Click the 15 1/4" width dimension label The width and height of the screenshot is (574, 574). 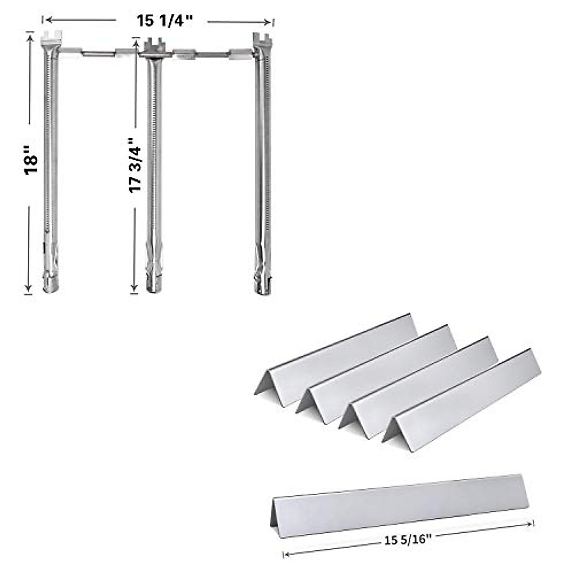pyautogui.click(x=165, y=21)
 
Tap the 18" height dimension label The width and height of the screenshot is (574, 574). pyautogui.click(x=32, y=164)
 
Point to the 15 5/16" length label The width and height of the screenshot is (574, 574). pyautogui.click(x=408, y=541)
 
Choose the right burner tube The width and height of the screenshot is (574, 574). pyautogui.click(x=262, y=158)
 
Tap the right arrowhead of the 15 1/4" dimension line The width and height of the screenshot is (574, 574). pyautogui.click(x=269, y=22)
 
